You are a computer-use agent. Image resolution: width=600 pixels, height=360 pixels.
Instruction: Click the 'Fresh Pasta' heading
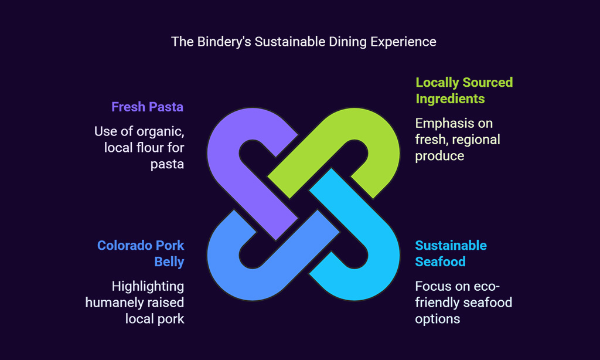[147, 107]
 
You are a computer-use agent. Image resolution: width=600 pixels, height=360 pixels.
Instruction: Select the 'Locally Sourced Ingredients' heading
[464, 90]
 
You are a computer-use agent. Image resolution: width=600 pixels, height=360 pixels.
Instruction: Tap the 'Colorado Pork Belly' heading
[141, 253]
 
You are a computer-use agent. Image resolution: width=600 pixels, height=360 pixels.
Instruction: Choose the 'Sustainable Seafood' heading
[451, 253]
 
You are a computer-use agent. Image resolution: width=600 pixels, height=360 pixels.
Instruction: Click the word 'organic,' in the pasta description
[161, 132]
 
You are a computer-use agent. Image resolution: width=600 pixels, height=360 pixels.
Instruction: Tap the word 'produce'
[439, 157]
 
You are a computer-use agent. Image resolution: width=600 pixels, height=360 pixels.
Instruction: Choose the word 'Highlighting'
[148, 287]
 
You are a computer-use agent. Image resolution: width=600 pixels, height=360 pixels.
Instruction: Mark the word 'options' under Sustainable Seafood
[437, 320]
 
